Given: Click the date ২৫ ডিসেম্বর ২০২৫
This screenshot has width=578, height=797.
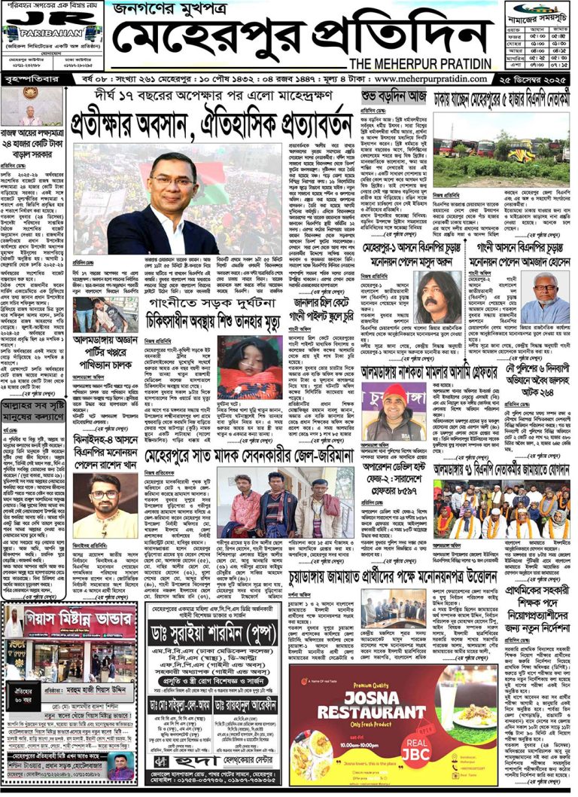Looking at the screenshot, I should (534, 78).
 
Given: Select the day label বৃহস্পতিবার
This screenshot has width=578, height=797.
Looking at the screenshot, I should (31, 78).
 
